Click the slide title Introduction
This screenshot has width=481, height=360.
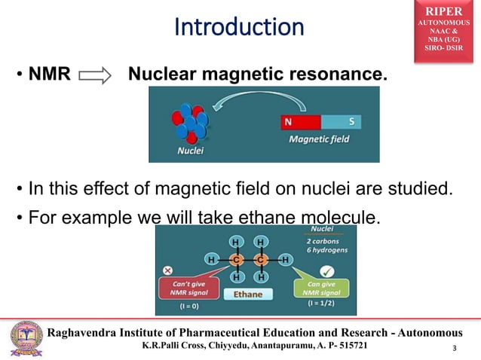[239, 27]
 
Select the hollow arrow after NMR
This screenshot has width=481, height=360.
[94, 76]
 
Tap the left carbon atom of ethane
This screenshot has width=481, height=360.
[236, 260]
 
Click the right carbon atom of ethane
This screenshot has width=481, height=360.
[260, 260]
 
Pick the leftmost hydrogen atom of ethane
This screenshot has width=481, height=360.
[212, 260]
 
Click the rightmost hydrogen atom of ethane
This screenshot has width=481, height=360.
[286, 260]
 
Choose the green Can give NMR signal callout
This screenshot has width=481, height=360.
[317, 289]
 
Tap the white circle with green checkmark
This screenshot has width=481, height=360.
[326, 270]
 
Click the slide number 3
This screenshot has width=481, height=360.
[454, 348]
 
